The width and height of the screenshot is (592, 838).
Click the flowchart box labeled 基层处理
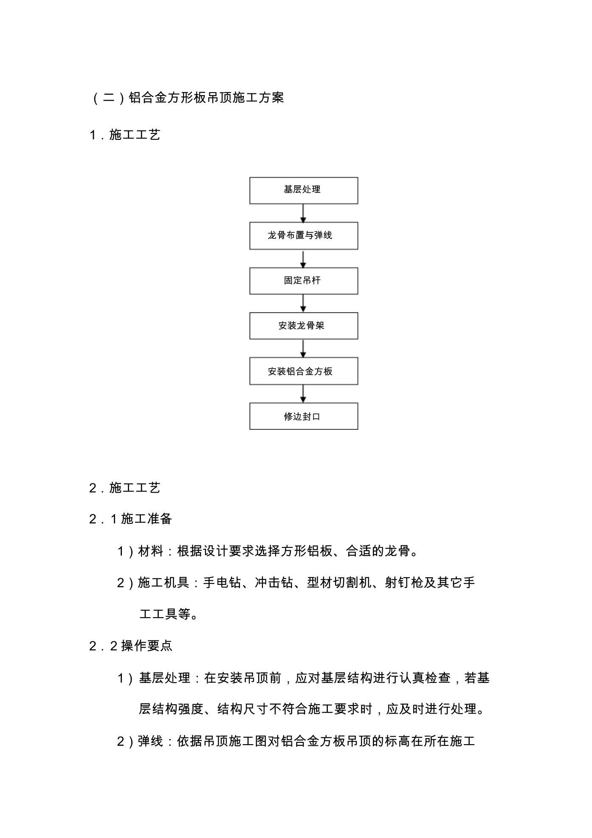pos(304,190)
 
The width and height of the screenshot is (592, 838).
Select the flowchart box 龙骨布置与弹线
pos(304,235)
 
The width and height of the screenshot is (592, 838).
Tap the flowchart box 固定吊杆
pos(304,281)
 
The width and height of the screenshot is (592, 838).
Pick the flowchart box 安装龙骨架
pos(304,326)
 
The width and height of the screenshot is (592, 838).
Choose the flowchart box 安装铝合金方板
pos(304,371)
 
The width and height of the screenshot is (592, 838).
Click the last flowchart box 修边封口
pos(304,416)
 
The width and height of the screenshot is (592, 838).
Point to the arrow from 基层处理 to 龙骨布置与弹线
pos(303,213)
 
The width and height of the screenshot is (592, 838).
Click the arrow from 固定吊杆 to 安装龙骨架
pos(303,303)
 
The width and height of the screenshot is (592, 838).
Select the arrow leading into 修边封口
pos(303,394)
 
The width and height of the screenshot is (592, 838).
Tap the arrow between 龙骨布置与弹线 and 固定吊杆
pos(303,259)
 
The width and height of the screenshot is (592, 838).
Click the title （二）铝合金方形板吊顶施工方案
pos(187,98)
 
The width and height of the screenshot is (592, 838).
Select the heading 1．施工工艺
pos(125,135)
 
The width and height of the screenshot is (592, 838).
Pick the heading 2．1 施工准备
pos(131,519)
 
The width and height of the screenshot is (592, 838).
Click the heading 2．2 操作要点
pos(131,646)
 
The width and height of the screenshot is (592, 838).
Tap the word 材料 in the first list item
pos(151,551)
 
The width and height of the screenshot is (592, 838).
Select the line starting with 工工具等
pos(169,614)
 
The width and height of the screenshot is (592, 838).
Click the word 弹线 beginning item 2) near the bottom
pos(151,741)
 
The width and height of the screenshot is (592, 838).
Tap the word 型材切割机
pos(339,582)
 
